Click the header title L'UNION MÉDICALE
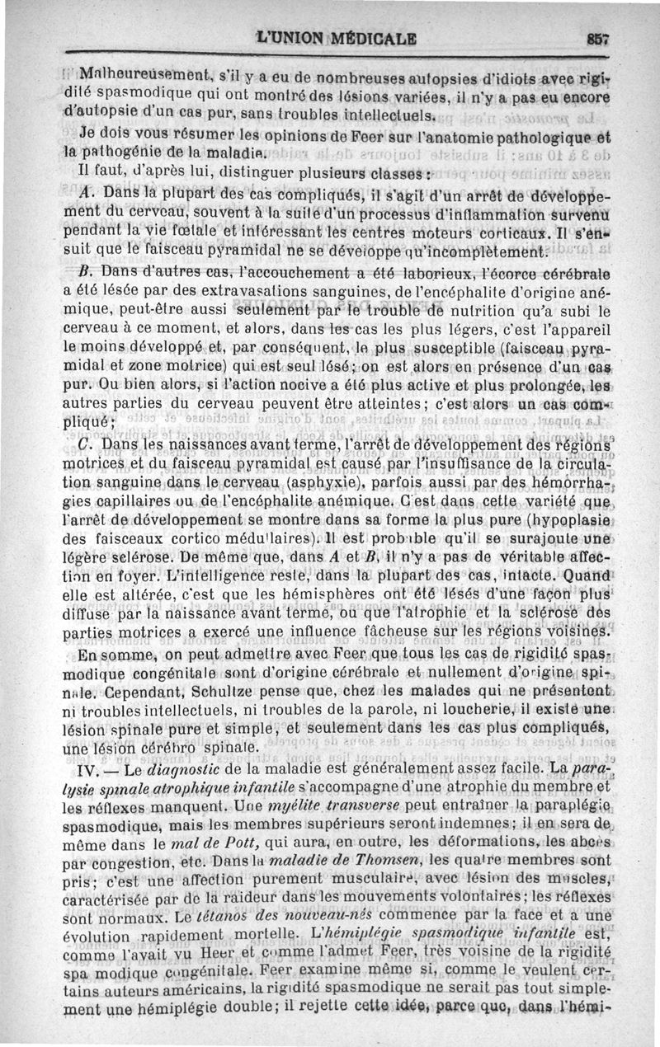pos(337,37)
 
